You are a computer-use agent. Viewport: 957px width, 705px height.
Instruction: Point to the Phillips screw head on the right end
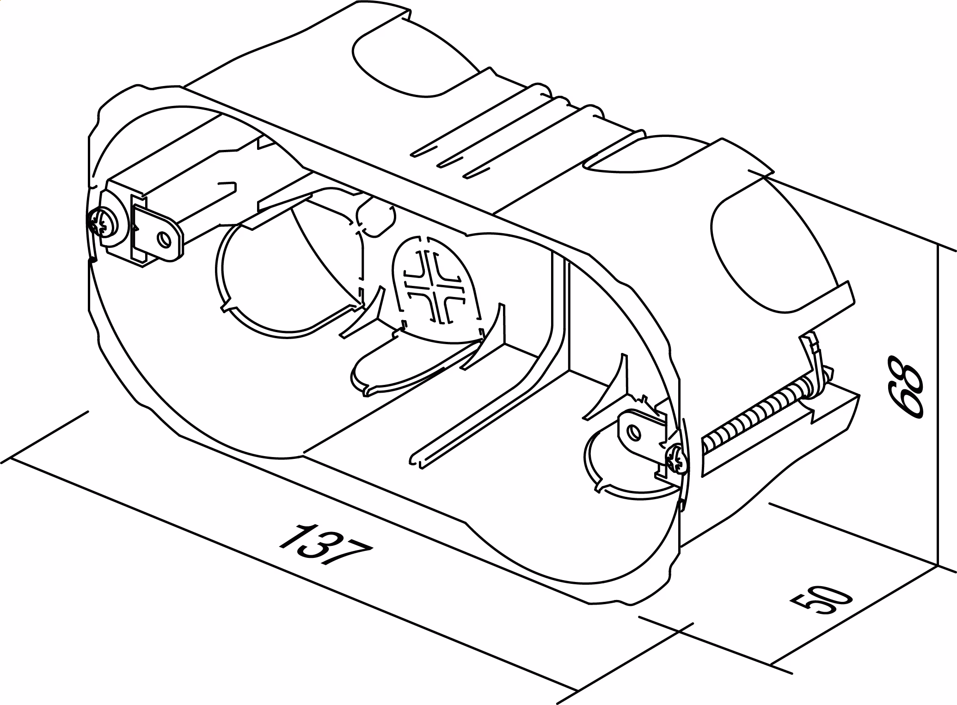pos(676,458)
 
